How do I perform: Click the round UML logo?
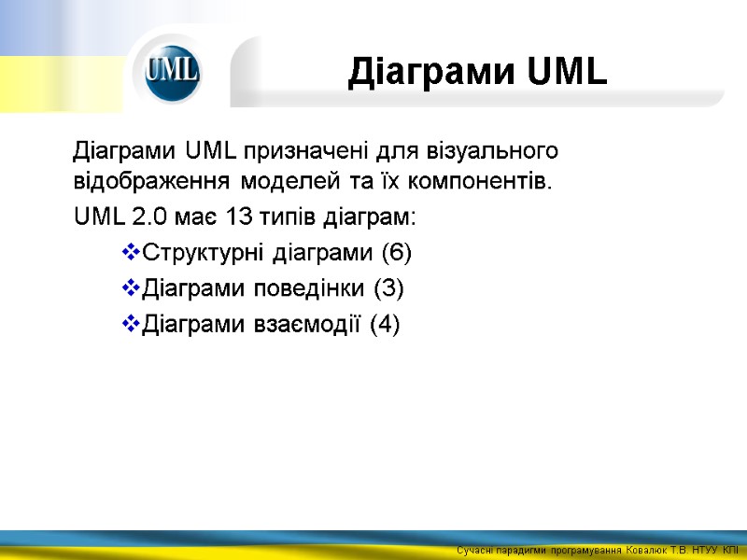(173, 72)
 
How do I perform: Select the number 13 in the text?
(239, 217)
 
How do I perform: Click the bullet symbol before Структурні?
(130, 253)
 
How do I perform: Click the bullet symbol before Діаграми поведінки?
(130, 288)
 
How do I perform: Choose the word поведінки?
(310, 288)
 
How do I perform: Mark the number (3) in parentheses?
(388, 288)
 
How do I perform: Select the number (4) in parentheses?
(384, 325)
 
